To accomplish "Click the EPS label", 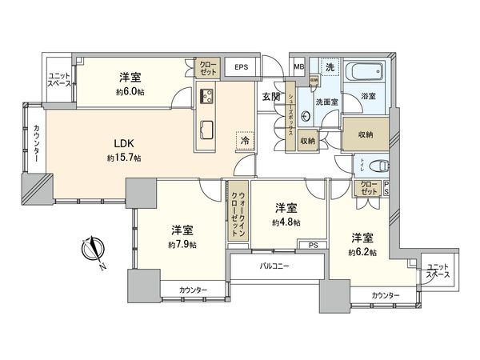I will click(242, 68).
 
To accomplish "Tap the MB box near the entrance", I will click(299, 67).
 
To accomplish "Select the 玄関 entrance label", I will click(270, 97).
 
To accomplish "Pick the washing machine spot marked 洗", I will click(329, 68).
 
